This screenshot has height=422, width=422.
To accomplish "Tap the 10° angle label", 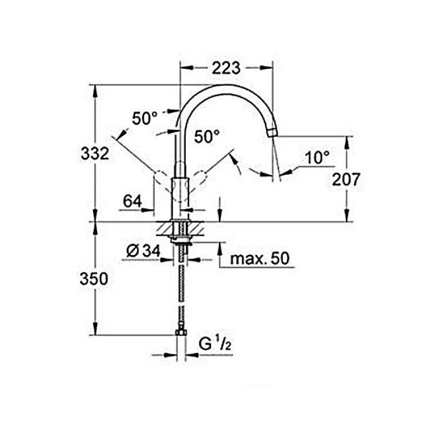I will pyautogui.click(x=317, y=158).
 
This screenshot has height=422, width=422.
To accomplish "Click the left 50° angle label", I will pyautogui.click(x=145, y=119).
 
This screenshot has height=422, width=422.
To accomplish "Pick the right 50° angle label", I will pyautogui.click(x=207, y=137).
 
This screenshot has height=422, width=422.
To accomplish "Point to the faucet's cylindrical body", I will pyautogui.click(x=180, y=196).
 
